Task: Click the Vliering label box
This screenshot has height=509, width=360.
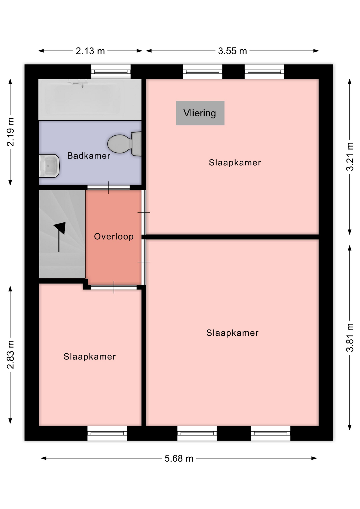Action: click(x=200, y=113)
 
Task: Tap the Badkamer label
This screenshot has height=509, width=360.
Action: click(x=89, y=156)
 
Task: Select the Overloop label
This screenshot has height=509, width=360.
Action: click(x=114, y=236)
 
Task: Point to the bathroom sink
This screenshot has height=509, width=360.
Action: click(x=49, y=166)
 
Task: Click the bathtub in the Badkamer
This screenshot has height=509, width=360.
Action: click(x=90, y=100)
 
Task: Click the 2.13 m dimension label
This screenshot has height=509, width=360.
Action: click(x=90, y=51)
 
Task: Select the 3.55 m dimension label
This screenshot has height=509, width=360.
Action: click(x=232, y=51)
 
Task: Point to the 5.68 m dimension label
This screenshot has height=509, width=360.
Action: click(x=179, y=458)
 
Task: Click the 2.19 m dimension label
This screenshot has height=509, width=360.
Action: click(x=10, y=132)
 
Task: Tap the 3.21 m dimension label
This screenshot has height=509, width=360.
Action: click(x=350, y=156)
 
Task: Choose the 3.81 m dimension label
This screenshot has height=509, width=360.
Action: click(x=350, y=337)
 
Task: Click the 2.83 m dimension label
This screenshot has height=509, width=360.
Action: click(x=10, y=354)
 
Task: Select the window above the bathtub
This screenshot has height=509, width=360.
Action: click(x=111, y=72)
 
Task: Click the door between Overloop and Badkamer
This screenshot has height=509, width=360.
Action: click(x=109, y=188)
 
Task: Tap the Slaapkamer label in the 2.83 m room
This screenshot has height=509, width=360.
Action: click(x=90, y=357)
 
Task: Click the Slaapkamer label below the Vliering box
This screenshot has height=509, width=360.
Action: click(x=235, y=163)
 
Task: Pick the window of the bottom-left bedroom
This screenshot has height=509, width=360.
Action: click(x=107, y=433)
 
